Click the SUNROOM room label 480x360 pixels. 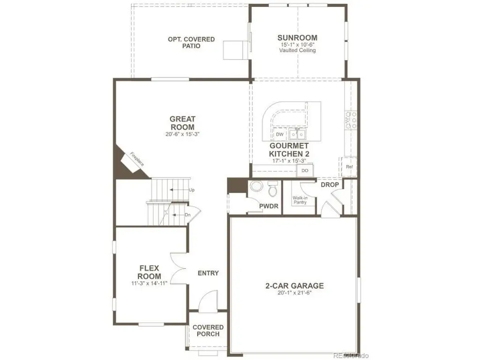(x=297, y=37)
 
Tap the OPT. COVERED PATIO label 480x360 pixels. (x=191, y=43)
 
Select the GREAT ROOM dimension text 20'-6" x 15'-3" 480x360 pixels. (x=182, y=134)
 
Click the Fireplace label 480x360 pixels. (x=136, y=159)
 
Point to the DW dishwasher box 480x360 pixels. (x=279, y=135)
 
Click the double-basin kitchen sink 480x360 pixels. (x=297, y=134)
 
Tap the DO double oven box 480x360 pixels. (x=305, y=171)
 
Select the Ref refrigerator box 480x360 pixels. (x=349, y=167)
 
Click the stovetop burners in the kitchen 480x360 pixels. (x=351, y=120)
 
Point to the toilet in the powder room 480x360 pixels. (x=272, y=189)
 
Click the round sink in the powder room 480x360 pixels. (x=256, y=186)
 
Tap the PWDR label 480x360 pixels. (x=269, y=206)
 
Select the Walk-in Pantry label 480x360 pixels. (x=300, y=200)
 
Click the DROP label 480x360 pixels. (x=330, y=185)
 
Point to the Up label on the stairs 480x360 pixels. (x=192, y=190)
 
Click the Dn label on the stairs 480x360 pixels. (x=187, y=215)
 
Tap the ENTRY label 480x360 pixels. (x=208, y=273)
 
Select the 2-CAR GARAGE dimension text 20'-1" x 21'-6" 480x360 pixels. (x=294, y=292)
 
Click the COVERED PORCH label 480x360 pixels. (x=208, y=330)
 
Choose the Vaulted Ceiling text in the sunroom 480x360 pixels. (x=297, y=50)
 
